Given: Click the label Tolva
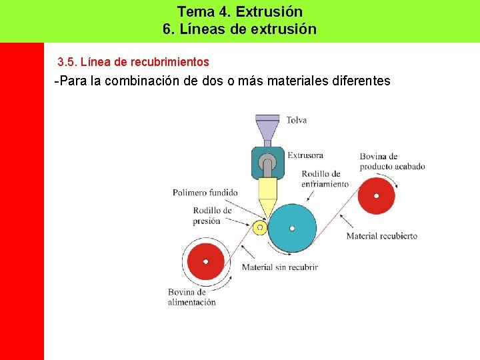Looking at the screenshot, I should [297, 120].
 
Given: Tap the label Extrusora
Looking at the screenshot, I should [305, 155].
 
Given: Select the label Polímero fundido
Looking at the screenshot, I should [205, 193].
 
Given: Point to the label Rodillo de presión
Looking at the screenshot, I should [212, 215].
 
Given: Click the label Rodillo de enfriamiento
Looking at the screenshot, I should [325, 179].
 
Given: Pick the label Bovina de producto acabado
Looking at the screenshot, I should [392, 161].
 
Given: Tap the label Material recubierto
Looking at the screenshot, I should [381, 236].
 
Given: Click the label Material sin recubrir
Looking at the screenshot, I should [279, 267].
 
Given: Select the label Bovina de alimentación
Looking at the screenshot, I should [191, 297].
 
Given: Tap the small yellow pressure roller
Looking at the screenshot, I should [259, 227].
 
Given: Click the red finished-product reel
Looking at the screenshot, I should [377, 196].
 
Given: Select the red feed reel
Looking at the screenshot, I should [205, 261].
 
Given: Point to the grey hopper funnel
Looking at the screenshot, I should [267, 127].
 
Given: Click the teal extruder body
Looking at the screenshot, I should [267, 162].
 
